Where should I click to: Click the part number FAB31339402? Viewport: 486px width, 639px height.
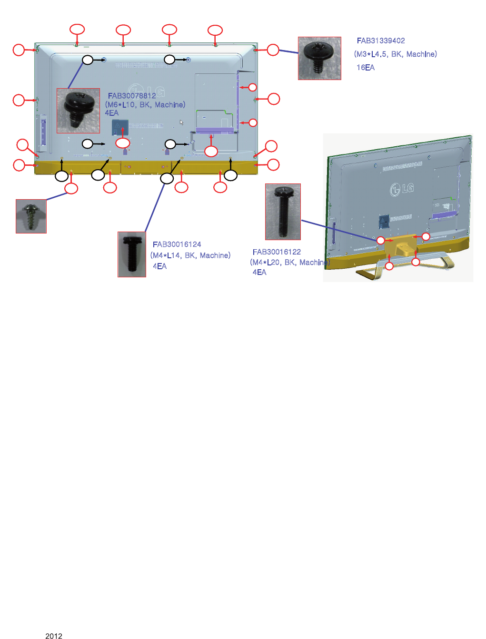[x=381, y=41]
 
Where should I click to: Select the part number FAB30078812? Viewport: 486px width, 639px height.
[x=132, y=96]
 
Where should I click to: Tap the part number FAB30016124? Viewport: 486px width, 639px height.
[x=177, y=244]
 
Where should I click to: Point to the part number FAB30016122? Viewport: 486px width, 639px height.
[x=277, y=252]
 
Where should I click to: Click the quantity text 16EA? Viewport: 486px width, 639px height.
[x=366, y=68]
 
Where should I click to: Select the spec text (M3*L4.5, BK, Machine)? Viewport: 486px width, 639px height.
[x=395, y=54]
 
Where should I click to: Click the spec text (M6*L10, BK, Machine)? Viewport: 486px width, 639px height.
[x=145, y=105]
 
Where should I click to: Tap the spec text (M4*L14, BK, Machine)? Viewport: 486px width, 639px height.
[x=190, y=255]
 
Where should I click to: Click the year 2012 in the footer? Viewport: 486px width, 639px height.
[x=54, y=636]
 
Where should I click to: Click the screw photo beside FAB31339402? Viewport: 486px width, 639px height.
[x=319, y=58]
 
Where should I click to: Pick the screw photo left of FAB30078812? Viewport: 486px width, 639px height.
[x=78, y=111]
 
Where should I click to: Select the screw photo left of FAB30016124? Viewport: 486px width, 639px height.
[x=132, y=254]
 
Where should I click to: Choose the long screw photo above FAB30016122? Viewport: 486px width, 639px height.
[x=283, y=212]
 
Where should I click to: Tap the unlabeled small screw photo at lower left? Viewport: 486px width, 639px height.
[x=31, y=216]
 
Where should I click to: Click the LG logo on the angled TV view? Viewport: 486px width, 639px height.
[x=402, y=189]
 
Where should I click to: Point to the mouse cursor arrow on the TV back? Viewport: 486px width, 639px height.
[x=181, y=122]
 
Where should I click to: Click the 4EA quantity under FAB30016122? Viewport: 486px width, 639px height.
[x=259, y=273]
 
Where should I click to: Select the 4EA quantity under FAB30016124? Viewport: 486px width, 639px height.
[x=159, y=266]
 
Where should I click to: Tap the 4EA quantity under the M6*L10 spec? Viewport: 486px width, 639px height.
[x=111, y=113]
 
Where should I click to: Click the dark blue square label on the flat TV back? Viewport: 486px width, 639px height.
[x=119, y=127]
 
